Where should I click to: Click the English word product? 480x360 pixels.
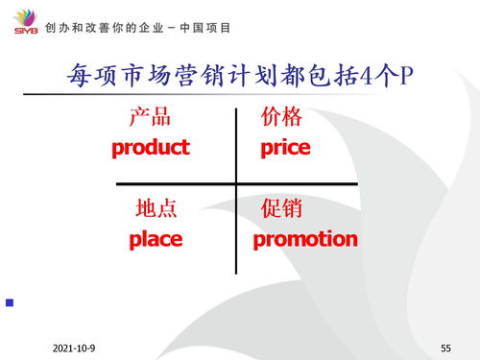tap(151, 148)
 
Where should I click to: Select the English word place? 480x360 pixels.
tap(156, 239)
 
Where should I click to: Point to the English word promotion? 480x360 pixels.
tap(305, 239)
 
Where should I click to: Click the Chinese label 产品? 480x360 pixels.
tap(150, 118)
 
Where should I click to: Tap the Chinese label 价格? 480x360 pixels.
tap(281, 118)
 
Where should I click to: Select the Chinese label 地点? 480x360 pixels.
tap(156, 208)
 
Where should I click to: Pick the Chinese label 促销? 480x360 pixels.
tap(281, 208)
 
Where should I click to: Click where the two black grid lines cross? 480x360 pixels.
tap(235, 183)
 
